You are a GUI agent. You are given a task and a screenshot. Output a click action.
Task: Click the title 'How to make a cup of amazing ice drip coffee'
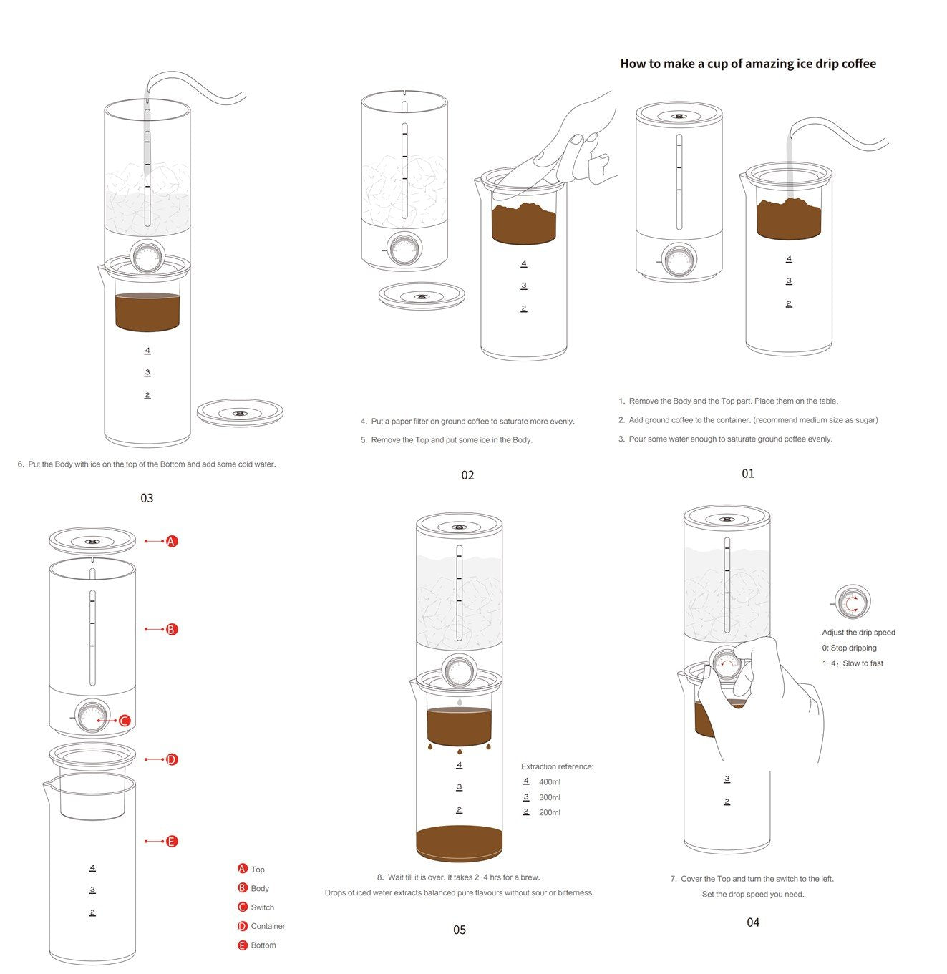click(748, 64)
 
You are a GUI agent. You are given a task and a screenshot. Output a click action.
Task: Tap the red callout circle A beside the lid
click(172, 541)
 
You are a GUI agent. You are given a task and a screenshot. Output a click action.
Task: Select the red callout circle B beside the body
click(172, 629)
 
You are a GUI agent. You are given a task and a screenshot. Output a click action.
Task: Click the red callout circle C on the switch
click(125, 721)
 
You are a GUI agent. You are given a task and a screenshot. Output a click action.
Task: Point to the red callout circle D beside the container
click(172, 759)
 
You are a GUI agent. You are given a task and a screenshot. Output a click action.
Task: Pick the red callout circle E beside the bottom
click(172, 842)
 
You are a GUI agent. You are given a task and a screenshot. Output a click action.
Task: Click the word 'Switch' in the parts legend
click(262, 907)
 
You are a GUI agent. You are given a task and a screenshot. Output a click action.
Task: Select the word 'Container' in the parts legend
click(268, 926)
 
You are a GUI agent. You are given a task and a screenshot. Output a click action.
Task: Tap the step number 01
click(748, 474)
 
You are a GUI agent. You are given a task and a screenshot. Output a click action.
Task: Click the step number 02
click(467, 475)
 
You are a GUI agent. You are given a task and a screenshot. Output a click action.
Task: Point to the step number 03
click(147, 498)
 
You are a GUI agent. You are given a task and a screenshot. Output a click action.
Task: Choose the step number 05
click(460, 930)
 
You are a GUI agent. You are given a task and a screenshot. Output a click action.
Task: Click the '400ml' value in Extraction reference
click(550, 781)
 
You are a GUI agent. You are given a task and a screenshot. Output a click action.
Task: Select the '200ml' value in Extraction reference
click(550, 812)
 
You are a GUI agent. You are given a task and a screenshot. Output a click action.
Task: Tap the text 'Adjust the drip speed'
click(858, 632)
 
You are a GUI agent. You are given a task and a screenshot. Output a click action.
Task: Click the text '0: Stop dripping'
click(849, 648)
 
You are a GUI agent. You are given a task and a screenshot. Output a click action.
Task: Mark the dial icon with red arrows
click(853, 602)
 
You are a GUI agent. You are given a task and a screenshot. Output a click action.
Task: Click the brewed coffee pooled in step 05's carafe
click(459, 843)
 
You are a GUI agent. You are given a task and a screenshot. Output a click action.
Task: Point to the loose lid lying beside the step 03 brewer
click(240, 413)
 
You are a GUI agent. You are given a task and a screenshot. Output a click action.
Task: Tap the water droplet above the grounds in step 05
click(460, 702)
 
